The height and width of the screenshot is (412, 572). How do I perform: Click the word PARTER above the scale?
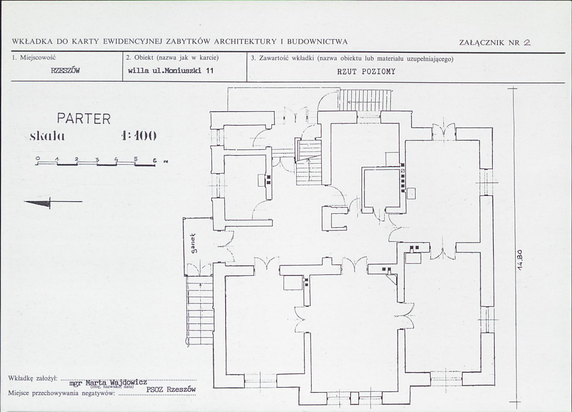(x=83, y=119)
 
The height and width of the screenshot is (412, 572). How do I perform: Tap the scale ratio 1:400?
(x=139, y=136)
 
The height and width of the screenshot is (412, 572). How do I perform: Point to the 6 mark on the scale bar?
(x=155, y=160)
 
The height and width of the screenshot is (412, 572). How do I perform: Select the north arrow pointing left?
(x=53, y=202)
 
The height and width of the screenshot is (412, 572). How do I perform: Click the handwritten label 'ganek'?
(x=194, y=243)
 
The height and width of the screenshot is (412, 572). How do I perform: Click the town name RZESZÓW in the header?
(x=65, y=71)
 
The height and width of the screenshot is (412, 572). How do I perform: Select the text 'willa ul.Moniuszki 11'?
(x=171, y=71)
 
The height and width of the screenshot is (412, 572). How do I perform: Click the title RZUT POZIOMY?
(x=366, y=72)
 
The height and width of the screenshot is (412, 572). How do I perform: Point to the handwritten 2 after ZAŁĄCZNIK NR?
(x=527, y=42)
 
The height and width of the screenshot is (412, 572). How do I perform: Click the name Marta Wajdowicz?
(x=116, y=382)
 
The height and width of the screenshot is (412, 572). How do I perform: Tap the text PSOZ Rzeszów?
(x=171, y=389)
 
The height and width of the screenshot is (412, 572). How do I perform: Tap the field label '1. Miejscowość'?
(x=33, y=57)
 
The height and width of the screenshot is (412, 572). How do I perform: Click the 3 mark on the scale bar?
(x=97, y=160)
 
